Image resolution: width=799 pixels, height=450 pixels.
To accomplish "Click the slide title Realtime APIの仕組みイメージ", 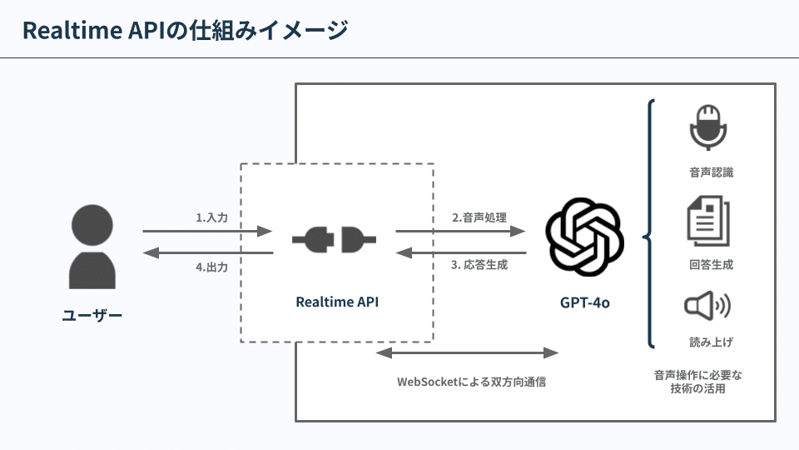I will (x=185, y=31).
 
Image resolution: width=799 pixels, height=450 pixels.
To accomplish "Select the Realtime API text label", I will (x=337, y=302).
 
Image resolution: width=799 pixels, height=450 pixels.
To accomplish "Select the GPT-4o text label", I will (x=584, y=302).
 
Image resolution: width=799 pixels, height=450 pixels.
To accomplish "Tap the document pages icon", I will (x=707, y=220).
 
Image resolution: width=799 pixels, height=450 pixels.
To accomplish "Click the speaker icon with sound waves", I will (x=707, y=307).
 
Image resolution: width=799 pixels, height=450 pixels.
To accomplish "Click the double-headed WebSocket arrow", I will (x=467, y=352).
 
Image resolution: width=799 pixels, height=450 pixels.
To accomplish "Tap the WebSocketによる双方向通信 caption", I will (x=471, y=382).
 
